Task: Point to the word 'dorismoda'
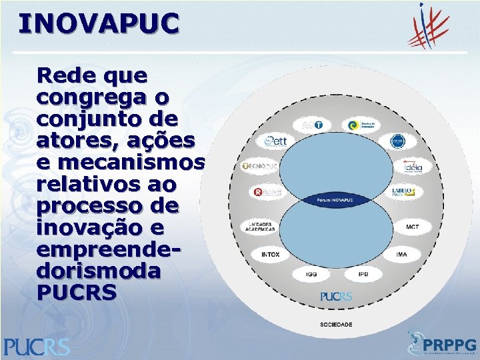[99, 271]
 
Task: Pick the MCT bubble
[413, 227]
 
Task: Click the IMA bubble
[401, 255]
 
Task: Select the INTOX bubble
[270, 255]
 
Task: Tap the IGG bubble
[311, 273]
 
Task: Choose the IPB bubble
[364, 273]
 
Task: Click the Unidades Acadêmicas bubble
[257, 227]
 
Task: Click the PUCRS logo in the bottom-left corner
[37, 345]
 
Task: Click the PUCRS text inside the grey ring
[335, 296]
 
